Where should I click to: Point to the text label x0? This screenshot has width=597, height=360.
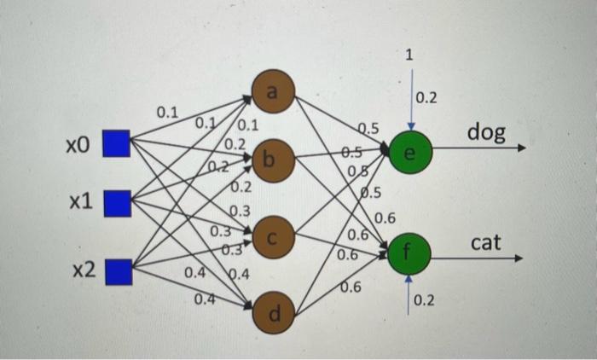pos(78,144)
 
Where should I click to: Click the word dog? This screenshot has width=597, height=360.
pos(486,132)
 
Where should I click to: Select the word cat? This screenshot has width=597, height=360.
pos(485,244)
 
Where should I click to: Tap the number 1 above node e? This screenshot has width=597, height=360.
pos(409,55)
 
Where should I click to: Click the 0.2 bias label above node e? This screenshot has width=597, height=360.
pos(426,98)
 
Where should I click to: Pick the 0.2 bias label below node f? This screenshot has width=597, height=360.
pos(425,301)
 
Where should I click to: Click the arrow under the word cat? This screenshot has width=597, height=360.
pos(478,257)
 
